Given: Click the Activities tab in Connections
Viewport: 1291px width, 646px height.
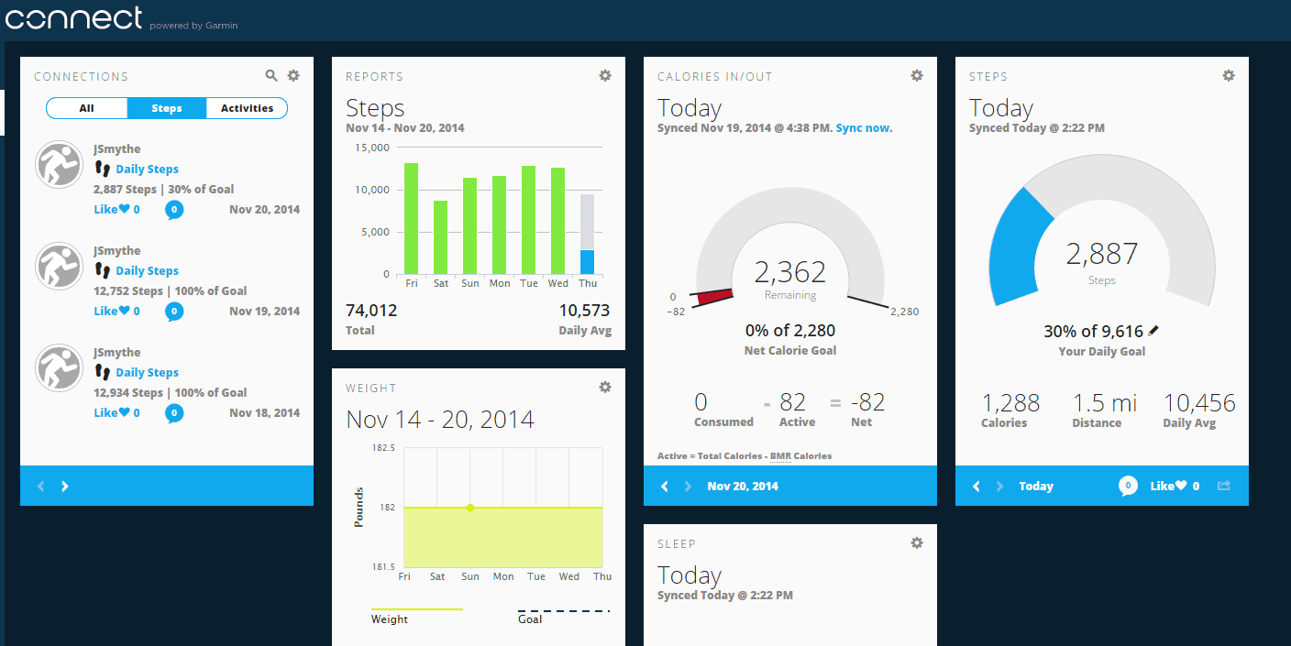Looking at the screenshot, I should [x=247, y=108].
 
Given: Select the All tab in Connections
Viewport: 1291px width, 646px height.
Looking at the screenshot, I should [x=86, y=108].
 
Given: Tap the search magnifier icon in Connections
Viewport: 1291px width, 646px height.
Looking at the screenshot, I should [x=271, y=76].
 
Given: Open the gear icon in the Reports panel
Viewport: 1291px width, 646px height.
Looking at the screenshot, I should [x=605, y=76].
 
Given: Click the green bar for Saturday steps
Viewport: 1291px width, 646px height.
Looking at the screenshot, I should [x=441, y=237].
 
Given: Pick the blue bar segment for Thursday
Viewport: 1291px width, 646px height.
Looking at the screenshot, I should [x=588, y=262].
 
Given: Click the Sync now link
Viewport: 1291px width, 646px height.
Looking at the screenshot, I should [x=864, y=128].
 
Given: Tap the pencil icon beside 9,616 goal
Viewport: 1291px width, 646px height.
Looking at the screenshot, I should [x=1153, y=331].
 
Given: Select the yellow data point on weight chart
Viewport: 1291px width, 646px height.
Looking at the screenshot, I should [x=470, y=507].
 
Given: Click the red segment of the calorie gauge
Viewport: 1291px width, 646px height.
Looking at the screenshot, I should [x=715, y=297].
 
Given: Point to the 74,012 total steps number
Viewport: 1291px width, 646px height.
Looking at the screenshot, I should [x=371, y=311].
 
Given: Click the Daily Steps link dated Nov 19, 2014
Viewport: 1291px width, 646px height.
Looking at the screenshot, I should [x=147, y=271].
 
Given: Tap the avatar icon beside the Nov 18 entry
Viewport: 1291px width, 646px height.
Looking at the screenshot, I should [x=60, y=368].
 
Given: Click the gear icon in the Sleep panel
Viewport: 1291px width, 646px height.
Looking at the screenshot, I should [x=917, y=543].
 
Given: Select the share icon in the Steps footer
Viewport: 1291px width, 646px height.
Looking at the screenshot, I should [x=1223, y=486].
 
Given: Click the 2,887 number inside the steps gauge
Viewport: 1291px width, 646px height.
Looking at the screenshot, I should [x=1101, y=254].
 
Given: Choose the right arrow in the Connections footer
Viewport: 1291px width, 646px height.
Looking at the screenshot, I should [x=65, y=487].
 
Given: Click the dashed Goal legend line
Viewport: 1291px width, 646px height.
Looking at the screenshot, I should [x=563, y=611].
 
